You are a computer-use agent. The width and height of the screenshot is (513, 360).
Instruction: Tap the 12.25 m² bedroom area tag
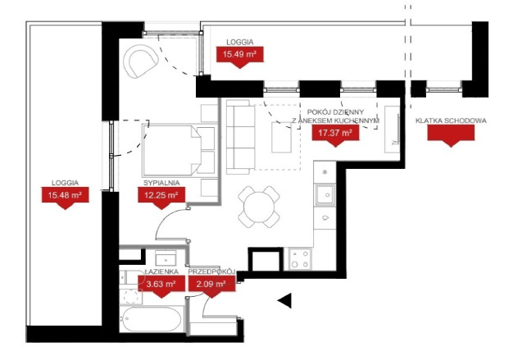pos(161,195)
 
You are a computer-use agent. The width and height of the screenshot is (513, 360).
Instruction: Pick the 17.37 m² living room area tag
pos(335,132)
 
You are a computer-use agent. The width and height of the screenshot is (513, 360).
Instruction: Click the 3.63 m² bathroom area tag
pos(161,285)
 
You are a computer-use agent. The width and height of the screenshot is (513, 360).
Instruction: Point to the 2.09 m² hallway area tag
pos(212,285)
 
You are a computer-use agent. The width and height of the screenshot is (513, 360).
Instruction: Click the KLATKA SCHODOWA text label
pos(451,121)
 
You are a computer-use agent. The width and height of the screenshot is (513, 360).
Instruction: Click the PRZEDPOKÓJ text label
pos(212,271)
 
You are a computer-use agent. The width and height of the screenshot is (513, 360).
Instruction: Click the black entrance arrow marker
pos(284,301)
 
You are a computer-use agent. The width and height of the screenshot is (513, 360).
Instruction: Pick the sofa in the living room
pos(241,136)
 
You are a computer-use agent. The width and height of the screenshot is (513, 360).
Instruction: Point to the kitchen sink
pos(325,195)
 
